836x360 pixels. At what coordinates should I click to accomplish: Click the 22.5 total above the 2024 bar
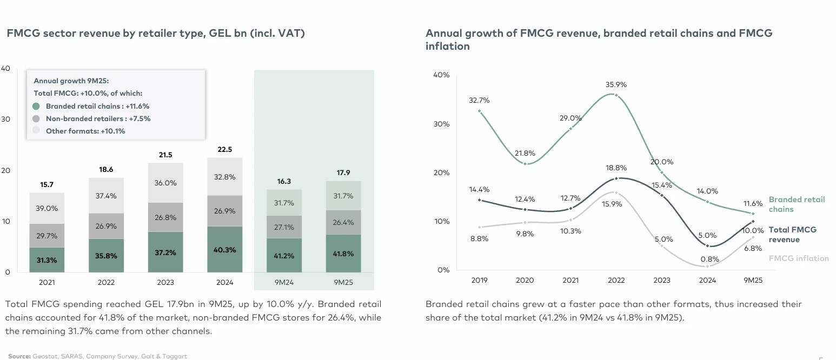tap(225, 150)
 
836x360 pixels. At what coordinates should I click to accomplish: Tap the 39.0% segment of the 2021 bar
tap(47, 208)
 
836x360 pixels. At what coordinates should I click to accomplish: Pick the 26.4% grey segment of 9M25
tap(343, 222)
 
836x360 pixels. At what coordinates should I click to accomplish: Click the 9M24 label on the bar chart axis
tap(284, 282)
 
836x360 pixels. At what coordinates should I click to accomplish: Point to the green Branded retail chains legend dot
tap(36, 106)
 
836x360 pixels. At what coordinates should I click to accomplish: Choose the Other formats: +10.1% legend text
tap(85, 131)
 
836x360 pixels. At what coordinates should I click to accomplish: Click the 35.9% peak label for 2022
tap(616, 85)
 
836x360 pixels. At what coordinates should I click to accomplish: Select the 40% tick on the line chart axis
tap(441, 75)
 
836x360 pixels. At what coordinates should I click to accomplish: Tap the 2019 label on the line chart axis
tap(479, 280)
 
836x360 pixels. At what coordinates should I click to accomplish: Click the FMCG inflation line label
tap(798, 258)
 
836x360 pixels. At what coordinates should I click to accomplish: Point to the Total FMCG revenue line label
tap(792, 235)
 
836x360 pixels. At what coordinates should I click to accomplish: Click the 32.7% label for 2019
tap(479, 101)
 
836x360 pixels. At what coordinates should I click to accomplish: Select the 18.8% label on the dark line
tap(616, 168)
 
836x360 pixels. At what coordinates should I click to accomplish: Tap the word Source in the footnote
tap(19, 356)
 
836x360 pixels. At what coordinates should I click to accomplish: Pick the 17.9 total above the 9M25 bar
tap(343, 173)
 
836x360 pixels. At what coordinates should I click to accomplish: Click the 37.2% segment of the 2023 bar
tap(165, 252)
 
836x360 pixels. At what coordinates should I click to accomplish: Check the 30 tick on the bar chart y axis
tap(5, 119)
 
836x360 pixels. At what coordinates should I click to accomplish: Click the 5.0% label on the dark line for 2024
tap(707, 235)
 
